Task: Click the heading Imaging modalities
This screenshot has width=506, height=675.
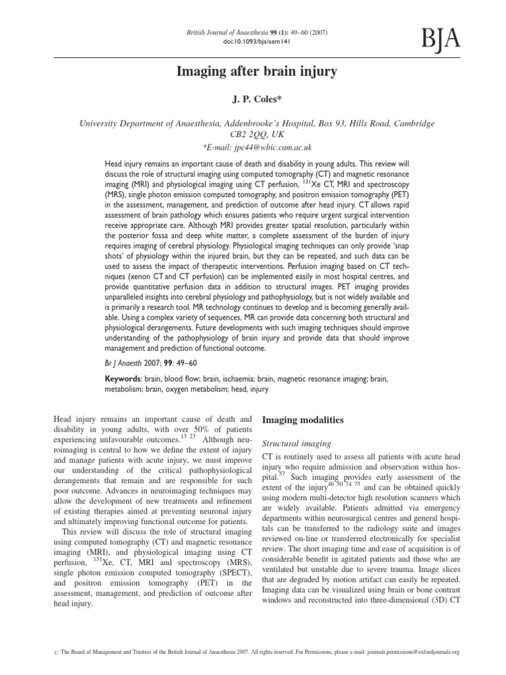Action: pyautogui.click(x=302, y=420)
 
